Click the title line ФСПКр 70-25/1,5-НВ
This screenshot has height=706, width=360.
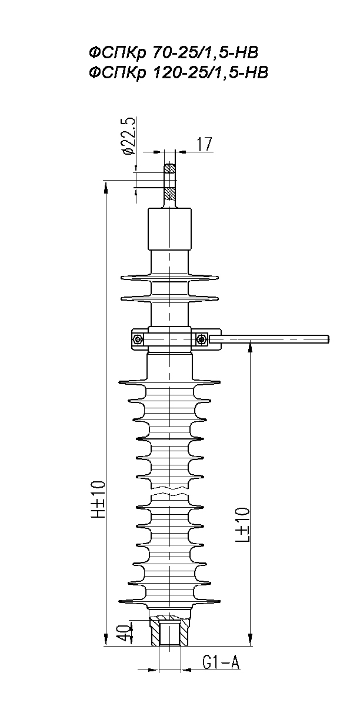pos(174,52)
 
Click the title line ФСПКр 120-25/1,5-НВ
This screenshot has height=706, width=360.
pos(178,73)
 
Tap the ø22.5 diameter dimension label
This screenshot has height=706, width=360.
pos(129,136)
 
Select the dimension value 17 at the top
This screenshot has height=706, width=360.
pos(205,144)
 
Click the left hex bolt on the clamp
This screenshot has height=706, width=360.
pos(138,339)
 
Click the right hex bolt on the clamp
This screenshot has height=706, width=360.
pos(201,339)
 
